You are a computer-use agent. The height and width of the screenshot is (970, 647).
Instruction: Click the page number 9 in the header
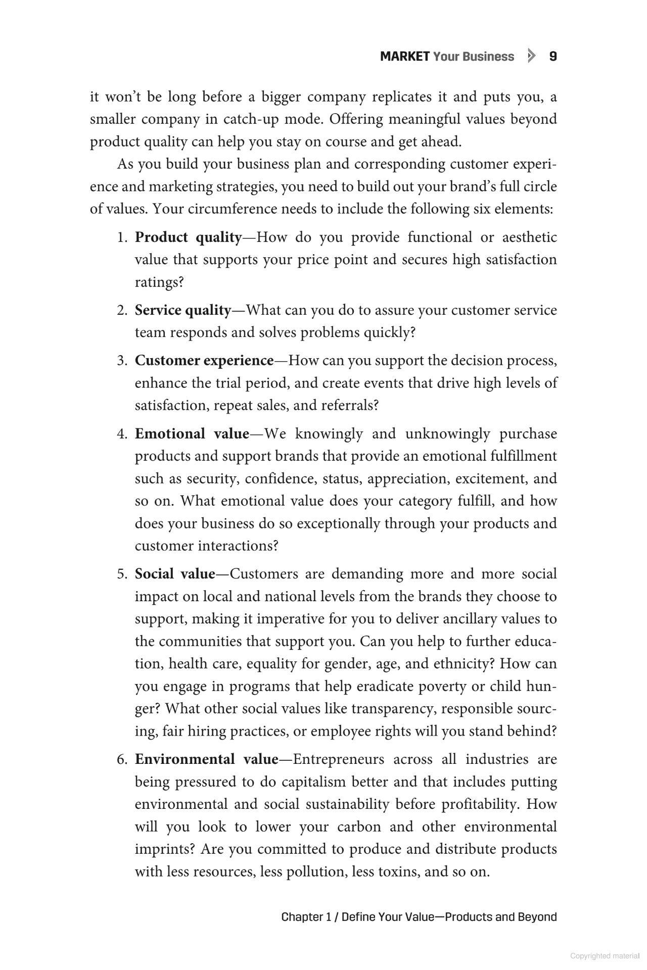tap(552, 57)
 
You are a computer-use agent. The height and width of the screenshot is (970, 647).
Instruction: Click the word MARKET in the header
tap(404, 57)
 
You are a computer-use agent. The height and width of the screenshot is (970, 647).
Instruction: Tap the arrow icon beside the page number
tap(530, 56)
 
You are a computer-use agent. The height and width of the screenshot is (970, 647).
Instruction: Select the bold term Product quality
tap(188, 237)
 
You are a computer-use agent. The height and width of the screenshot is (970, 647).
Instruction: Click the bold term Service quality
tap(182, 310)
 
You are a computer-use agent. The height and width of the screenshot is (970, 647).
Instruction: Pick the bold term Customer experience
tap(204, 361)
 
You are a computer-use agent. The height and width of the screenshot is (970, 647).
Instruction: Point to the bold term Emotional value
tap(192, 434)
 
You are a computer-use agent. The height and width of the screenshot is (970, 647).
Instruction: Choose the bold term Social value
tap(175, 574)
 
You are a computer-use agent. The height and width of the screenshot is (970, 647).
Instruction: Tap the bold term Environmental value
tap(206, 759)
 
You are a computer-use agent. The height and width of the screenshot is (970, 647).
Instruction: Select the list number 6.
tap(121, 760)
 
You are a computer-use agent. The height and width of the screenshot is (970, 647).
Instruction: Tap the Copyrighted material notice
tap(604, 956)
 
